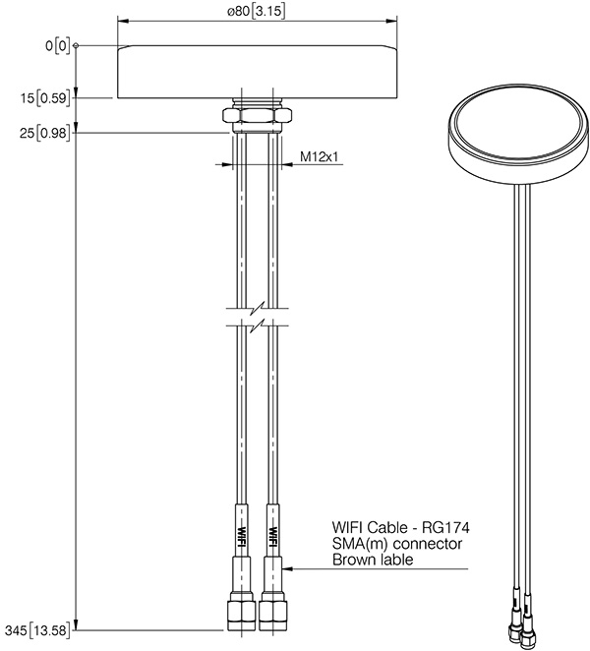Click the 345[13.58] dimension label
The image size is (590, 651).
[x=40, y=627]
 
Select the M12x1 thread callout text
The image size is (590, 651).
[x=319, y=156]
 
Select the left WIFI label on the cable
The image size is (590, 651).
[x=241, y=531]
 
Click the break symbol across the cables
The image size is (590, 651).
[x=256, y=320]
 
